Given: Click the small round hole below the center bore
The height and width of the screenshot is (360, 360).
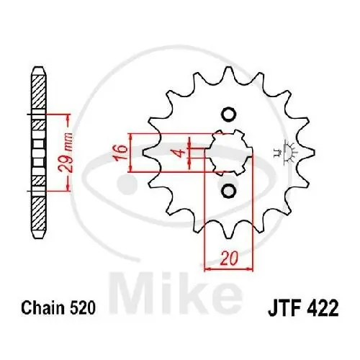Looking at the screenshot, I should pyautogui.click(x=228, y=190).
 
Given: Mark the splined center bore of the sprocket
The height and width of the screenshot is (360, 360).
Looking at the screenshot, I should pyautogui.click(x=228, y=152).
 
